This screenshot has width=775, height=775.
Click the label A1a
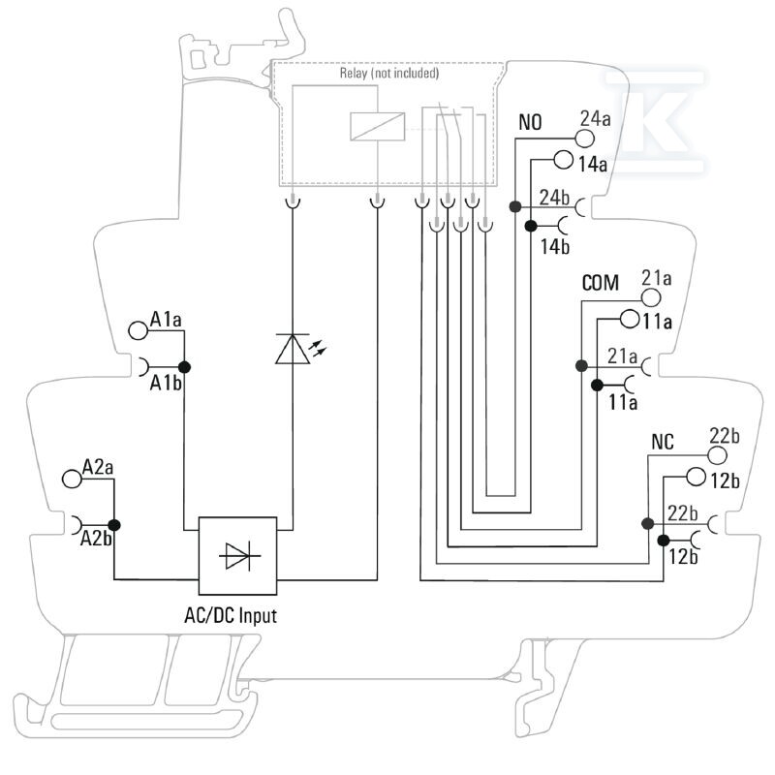pos(166,320)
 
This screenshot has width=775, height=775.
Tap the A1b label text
pos(166,383)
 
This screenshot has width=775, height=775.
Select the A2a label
pos(98,467)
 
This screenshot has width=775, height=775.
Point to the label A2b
pos(96,539)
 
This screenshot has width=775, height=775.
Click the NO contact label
pos(530,122)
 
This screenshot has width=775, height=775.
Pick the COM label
pos(600,283)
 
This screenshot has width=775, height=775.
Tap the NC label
pos(663,442)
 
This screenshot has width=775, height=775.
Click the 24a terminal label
pos(595,118)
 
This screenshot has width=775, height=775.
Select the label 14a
pos(593,164)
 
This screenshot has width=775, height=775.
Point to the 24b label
pos(554,198)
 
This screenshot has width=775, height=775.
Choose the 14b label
pos(554,247)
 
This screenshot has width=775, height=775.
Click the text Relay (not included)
pos(389,74)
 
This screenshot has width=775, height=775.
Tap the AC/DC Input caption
pos(231,616)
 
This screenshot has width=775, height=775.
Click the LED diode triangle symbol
pos(293,350)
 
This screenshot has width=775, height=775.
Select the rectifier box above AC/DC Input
pos(237,555)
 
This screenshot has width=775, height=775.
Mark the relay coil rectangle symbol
pos(378,127)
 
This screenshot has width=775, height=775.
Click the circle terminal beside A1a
pos(138,330)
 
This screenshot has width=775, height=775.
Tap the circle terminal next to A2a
pos(72,479)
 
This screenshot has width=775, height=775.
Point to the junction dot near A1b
pos(184,367)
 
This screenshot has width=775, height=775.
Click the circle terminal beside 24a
pos(584,139)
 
